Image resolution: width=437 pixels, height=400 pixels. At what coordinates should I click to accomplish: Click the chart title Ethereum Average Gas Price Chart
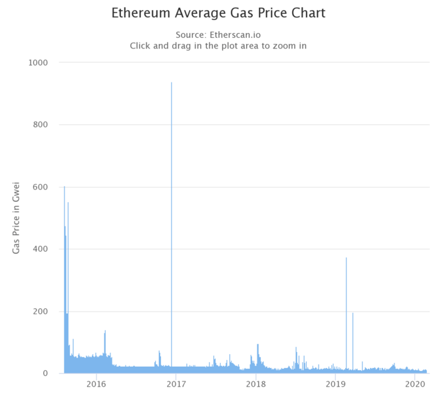(218, 13)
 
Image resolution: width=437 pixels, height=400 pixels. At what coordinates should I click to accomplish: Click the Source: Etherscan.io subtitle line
(218, 35)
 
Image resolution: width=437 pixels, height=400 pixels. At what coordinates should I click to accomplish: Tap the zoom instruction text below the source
(218, 46)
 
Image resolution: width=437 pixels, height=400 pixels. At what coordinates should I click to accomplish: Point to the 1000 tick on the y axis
(39, 62)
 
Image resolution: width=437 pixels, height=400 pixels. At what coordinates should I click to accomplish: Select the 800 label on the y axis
(41, 125)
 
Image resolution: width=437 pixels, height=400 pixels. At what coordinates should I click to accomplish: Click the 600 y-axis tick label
(41, 187)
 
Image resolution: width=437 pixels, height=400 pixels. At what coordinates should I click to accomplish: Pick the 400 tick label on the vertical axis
(41, 249)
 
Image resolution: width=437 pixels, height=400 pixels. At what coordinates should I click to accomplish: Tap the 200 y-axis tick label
(41, 312)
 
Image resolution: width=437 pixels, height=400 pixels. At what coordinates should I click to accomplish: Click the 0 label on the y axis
(47, 373)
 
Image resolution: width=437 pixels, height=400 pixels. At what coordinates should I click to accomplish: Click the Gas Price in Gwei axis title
(16, 217)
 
